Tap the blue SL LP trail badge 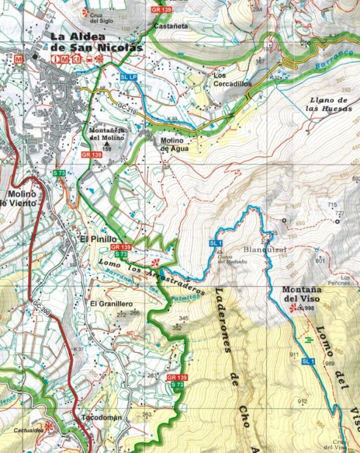(x=129, y=77)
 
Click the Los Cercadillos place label (x=233, y=80)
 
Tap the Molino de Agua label (x=175, y=144)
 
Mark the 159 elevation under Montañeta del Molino (x=107, y=149)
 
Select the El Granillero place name (x=111, y=303)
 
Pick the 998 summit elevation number (x=310, y=308)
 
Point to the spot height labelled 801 (x=320, y=260)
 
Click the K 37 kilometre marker (x=78, y=350)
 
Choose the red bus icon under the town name (x=89, y=59)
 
